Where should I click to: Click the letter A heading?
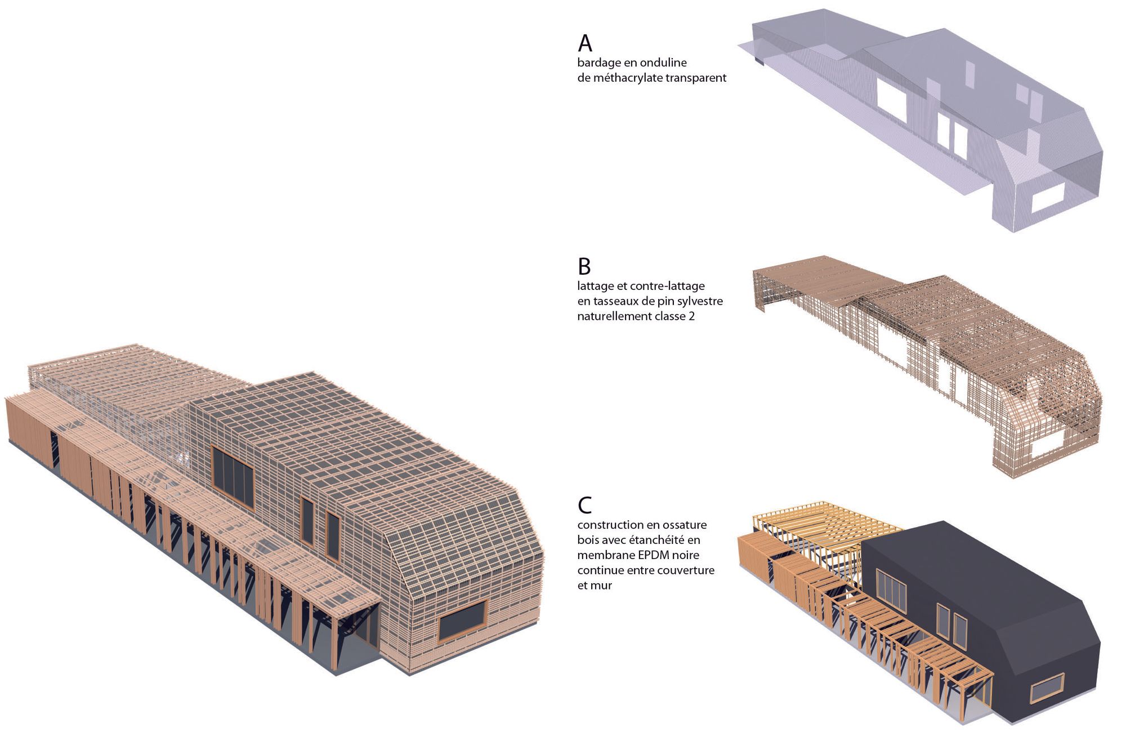[585, 43]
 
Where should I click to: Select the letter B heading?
[584, 266]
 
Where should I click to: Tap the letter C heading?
[585, 505]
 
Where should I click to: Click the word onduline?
[665, 63]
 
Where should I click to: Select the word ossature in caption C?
[682, 525]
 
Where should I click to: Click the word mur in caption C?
[603, 586]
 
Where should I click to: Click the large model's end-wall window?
[462, 620]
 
